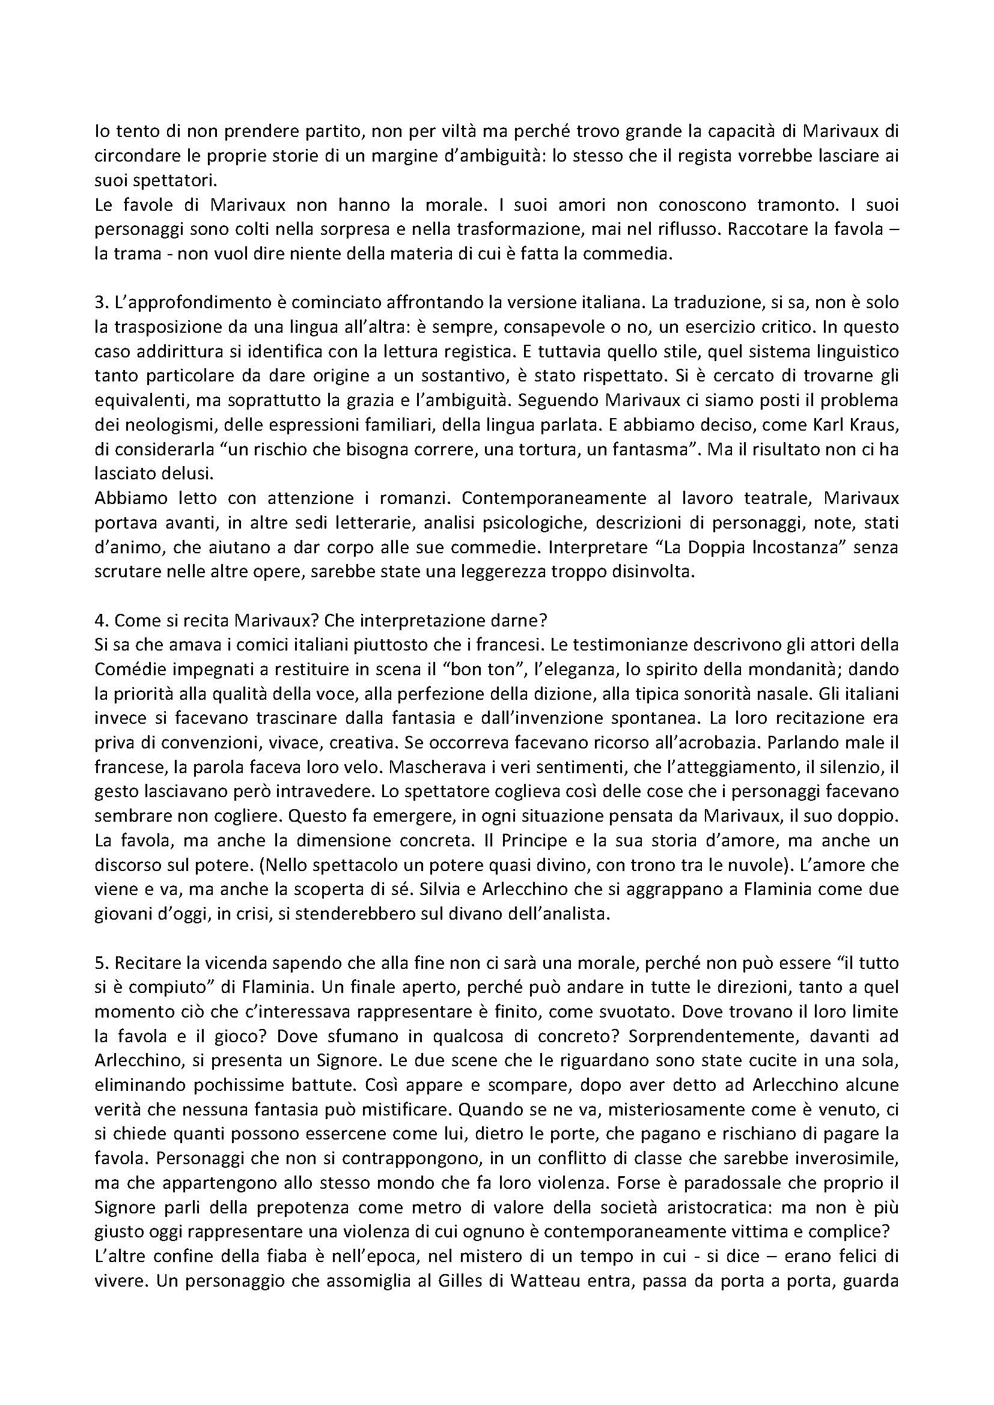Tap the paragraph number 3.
pyautogui.click(x=99, y=301)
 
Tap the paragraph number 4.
pyautogui.click(x=99, y=619)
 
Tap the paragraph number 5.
pyautogui.click(x=99, y=962)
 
